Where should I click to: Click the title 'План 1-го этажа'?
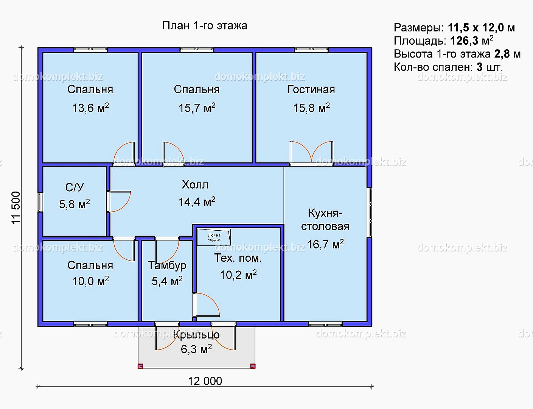(x=205, y=26)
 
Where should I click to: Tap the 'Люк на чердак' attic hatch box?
(x=214, y=237)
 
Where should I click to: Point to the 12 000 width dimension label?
(x=205, y=381)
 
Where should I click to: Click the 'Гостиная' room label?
(x=311, y=89)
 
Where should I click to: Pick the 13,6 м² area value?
(x=90, y=108)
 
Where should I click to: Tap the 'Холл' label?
(x=195, y=184)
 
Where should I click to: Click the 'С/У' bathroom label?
(x=75, y=187)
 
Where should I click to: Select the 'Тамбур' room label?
(x=167, y=265)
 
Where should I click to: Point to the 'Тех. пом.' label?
(x=238, y=258)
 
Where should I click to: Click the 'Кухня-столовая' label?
(x=325, y=220)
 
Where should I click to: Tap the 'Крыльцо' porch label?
(x=196, y=335)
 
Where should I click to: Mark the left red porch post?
(x=140, y=366)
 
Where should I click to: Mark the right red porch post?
(x=253, y=366)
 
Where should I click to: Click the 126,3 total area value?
(x=464, y=41)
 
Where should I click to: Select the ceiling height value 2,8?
(x=502, y=54)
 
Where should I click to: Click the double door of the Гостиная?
(x=311, y=152)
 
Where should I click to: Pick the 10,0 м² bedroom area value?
(x=90, y=281)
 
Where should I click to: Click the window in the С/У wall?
(x=40, y=202)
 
